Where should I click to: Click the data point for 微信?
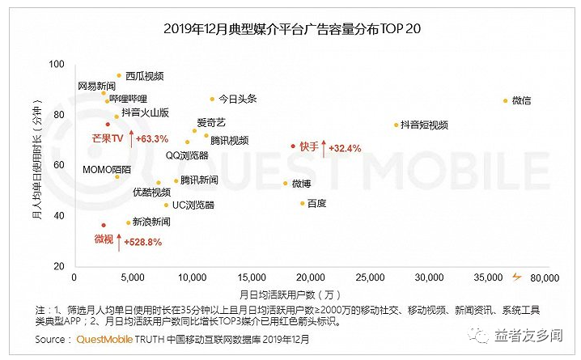[x=506, y=101]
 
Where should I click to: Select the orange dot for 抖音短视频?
[x=397, y=125]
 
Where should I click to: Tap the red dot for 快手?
[x=293, y=146]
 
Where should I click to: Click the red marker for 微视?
[x=104, y=226]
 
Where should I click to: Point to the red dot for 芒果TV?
[x=108, y=125]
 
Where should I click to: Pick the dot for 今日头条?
[x=213, y=99]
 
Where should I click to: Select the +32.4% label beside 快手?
[x=343, y=148]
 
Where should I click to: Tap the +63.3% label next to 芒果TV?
[x=151, y=139]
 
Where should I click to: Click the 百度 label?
[x=316, y=203]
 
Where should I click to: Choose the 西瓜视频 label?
[x=144, y=76]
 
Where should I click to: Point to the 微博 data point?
[x=286, y=184]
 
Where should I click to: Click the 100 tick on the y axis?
[x=57, y=64]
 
